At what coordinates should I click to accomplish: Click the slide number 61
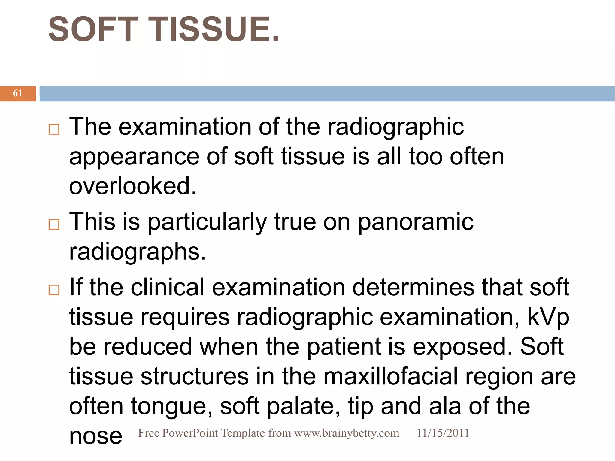pyautogui.click(x=18, y=93)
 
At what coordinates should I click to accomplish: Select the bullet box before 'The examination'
pyautogui.click(x=54, y=130)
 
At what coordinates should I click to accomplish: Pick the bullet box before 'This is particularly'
pyautogui.click(x=54, y=224)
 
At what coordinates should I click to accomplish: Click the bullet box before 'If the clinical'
pyautogui.click(x=54, y=290)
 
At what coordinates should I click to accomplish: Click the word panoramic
pyautogui.click(x=416, y=222)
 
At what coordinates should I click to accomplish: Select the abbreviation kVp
pyautogui.click(x=548, y=317)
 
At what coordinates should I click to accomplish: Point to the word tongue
pyautogui.click(x=172, y=407)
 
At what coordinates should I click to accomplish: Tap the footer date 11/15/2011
pyautogui.click(x=443, y=433)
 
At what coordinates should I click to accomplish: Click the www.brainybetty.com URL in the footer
pyautogui.click(x=347, y=433)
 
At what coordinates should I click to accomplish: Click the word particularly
pyautogui.click(x=207, y=222)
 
